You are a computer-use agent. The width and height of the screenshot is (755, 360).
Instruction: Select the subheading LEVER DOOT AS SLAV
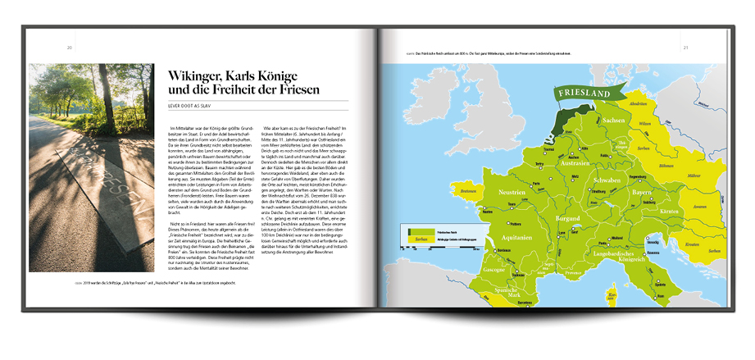point(194,106)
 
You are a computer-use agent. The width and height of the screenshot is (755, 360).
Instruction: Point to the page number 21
point(685,47)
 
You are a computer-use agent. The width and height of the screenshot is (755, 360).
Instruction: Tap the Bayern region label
point(641,192)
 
